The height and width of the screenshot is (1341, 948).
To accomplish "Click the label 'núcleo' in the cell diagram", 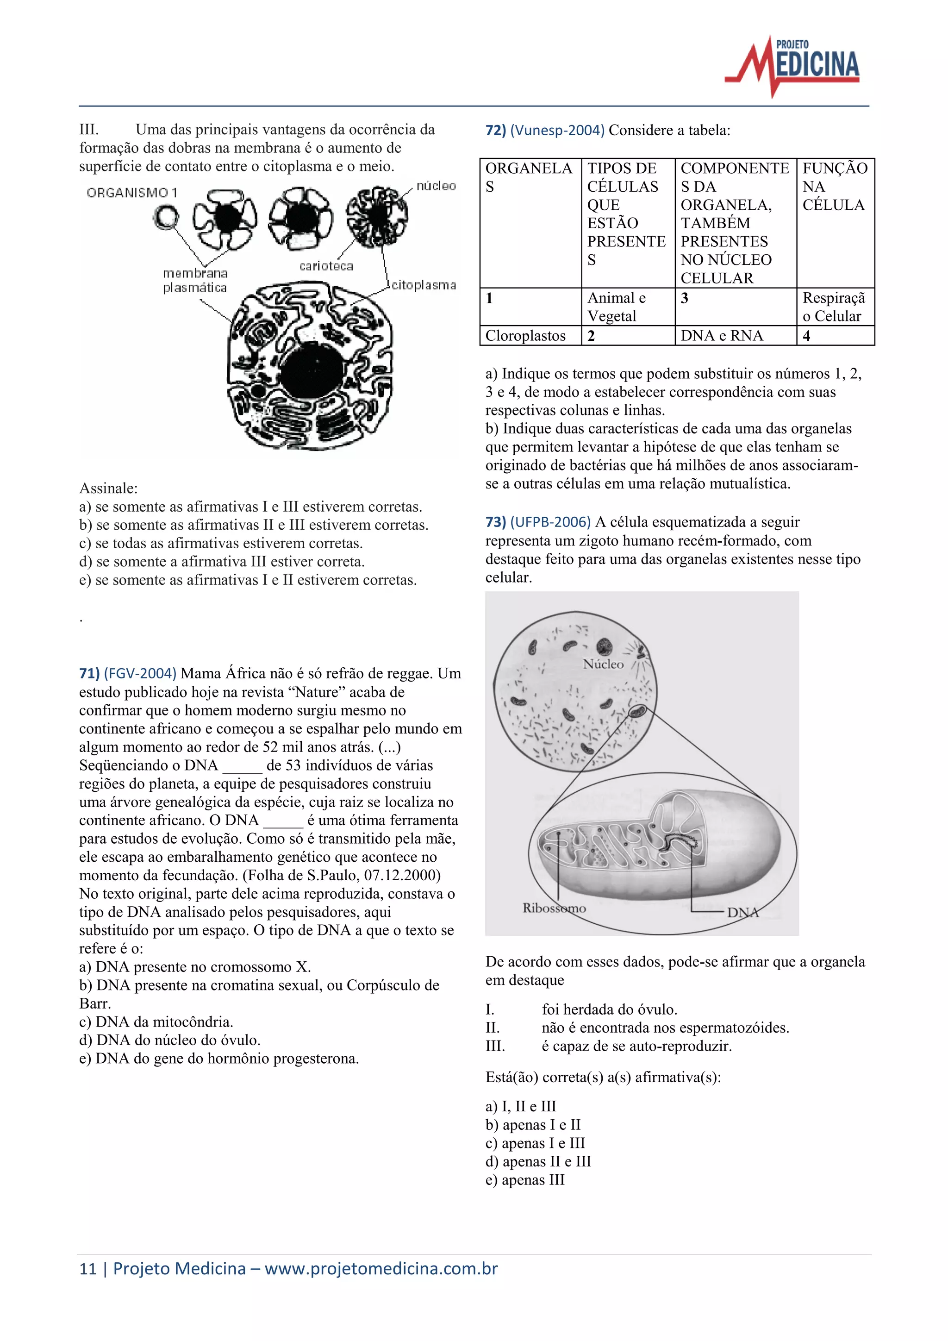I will click(x=436, y=186).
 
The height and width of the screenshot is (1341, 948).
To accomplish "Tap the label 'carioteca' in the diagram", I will click(x=326, y=266).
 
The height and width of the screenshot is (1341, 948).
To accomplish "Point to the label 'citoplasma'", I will click(x=423, y=285).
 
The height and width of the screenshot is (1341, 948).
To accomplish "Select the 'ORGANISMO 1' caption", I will click(x=132, y=192).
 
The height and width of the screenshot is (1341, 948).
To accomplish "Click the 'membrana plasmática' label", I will click(x=195, y=280).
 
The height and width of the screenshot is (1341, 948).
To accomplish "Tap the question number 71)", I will click(x=89, y=673).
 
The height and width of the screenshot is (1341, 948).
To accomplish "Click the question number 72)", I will click(x=496, y=130).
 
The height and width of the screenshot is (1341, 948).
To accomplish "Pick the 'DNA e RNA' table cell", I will click(x=722, y=336).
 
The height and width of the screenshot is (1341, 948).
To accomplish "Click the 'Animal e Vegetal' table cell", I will click(x=617, y=307).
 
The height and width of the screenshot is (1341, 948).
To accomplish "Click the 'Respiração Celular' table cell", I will click(x=834, y=307).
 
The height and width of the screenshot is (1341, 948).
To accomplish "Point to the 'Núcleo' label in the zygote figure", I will click(x=603, y=664).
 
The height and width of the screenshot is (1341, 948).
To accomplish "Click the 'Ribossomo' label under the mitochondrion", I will click(x=554, y=908).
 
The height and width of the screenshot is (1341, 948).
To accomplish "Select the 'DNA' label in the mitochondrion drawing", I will click(x=742, y=912).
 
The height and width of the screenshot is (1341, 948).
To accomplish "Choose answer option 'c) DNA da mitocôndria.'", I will click(x=156, y=1021).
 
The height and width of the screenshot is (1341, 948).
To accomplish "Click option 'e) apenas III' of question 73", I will click(x=525, y=1180).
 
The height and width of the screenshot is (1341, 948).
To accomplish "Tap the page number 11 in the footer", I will click(x=87, y=1269).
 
